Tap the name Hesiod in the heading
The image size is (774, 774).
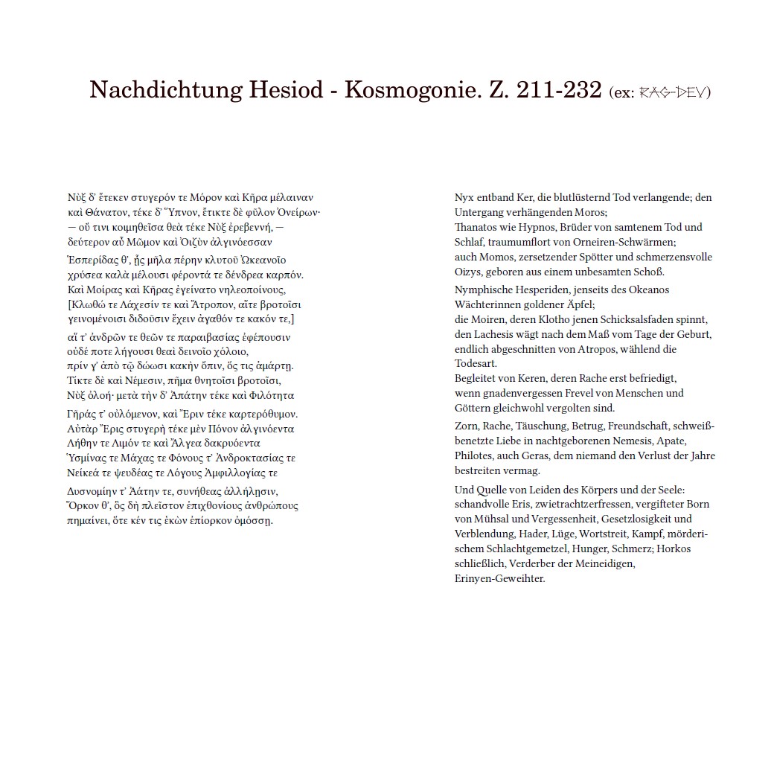tap(289, 90)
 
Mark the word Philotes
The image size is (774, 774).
tap(474, 455)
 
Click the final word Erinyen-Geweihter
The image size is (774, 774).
tap(499, 578)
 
